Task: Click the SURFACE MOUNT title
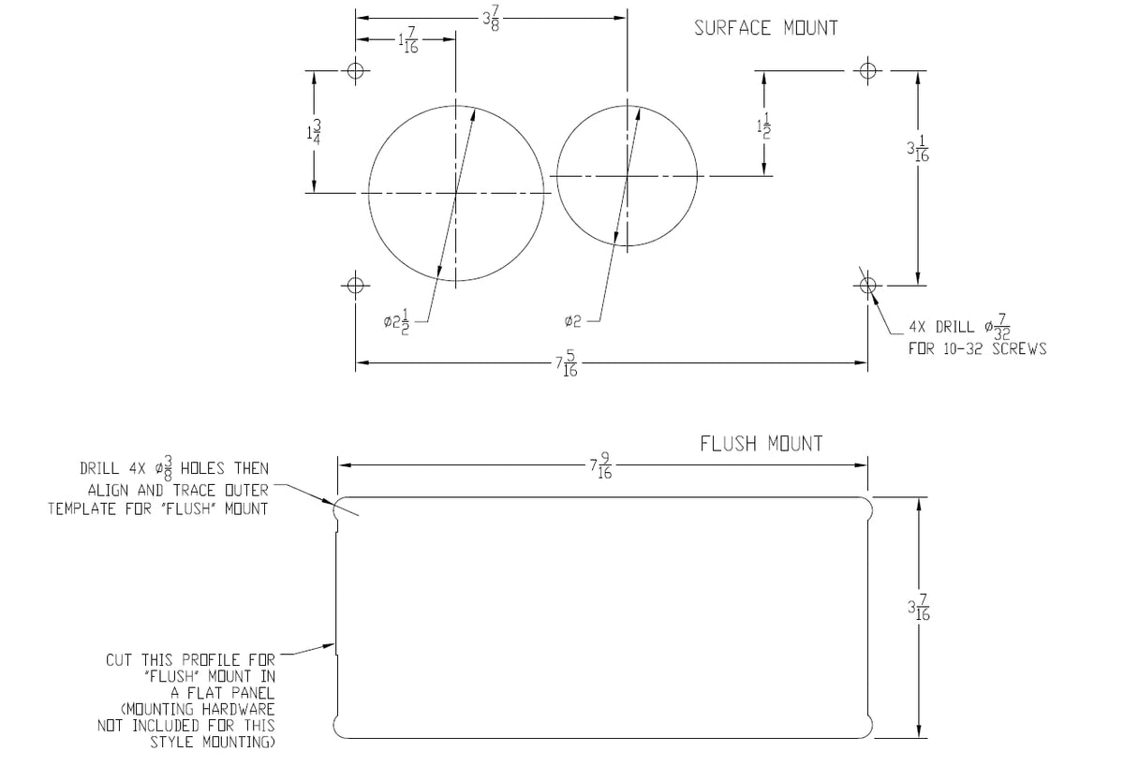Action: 766,28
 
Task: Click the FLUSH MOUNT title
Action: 762,444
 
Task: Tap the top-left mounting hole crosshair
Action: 355,70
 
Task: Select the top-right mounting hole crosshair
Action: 867,70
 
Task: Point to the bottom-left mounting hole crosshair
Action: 355,286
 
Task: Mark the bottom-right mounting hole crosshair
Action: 867,286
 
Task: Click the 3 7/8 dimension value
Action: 491,18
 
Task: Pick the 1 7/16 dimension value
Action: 408,40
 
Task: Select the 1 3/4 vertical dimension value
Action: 314,132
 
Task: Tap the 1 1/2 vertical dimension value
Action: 763,125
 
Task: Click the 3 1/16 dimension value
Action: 918,149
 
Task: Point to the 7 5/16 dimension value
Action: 567,363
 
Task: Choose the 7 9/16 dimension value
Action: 600,466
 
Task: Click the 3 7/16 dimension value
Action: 919,608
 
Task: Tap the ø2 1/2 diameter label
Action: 397,322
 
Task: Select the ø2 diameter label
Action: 572,321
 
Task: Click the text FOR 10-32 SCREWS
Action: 978,348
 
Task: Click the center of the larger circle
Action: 455,193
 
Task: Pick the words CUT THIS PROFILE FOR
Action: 190,660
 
